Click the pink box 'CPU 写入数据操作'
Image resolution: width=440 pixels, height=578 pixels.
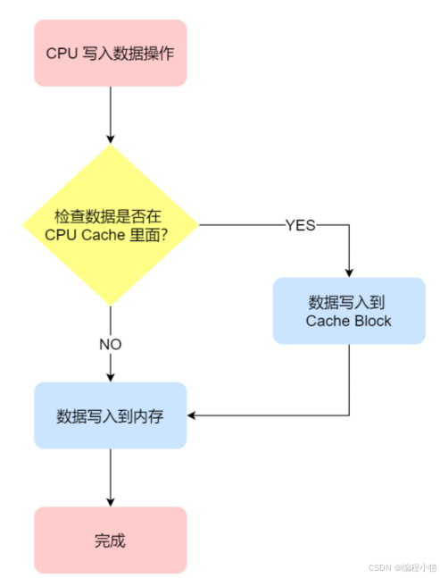point(110,53)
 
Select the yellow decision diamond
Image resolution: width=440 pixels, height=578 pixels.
point(110,224)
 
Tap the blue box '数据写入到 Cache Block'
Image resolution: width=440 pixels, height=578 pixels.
point(348,310)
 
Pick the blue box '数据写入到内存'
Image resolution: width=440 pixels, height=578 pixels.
point(110,415)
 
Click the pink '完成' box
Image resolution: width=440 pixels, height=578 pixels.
point(110,540)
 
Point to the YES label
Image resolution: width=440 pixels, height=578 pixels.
point(300,225)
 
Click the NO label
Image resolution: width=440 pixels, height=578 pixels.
point(110,344)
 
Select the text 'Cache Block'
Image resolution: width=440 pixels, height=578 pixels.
point(348,321)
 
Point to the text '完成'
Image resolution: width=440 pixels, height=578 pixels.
point(110,540)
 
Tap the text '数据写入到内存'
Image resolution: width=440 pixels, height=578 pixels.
point(110,416)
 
